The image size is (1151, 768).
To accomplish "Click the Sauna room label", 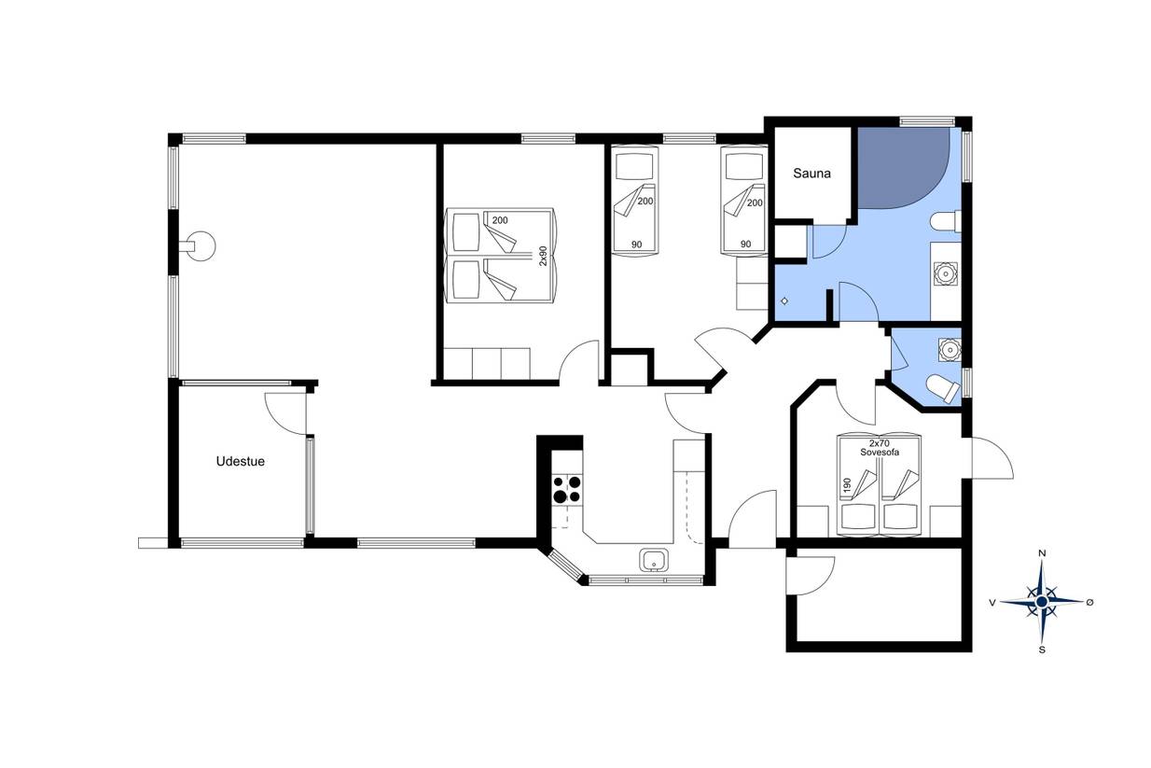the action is (x=811, y=174).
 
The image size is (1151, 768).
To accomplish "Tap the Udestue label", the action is (x=240, y=461).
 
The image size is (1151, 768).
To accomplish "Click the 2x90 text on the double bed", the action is (x=543, y=256).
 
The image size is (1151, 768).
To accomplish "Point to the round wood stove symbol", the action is (x=201, y=246).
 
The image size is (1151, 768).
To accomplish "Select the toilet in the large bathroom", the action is (x=946, y=222).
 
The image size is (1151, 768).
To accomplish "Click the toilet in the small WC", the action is (x=942, y=388).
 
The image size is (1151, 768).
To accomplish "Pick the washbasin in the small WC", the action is (x=950, y=350).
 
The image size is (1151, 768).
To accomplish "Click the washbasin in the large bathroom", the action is (x=945, y=273).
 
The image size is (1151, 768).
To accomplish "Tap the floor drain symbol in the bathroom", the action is (x=784, y=301).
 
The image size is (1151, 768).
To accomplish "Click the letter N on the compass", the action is (x=1042, y=553).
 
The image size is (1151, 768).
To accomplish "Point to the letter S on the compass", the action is (x=1042, y=649).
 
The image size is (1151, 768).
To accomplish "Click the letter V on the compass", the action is (x=992, y=602).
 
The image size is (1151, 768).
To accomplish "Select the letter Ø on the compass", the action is (x=1089, y=602).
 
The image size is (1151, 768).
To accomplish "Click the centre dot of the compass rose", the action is (x=1042, y=602).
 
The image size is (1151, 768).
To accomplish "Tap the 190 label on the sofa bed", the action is (x=847, y=484).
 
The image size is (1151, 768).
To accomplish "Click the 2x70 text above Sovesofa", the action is (x=880, y=442).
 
